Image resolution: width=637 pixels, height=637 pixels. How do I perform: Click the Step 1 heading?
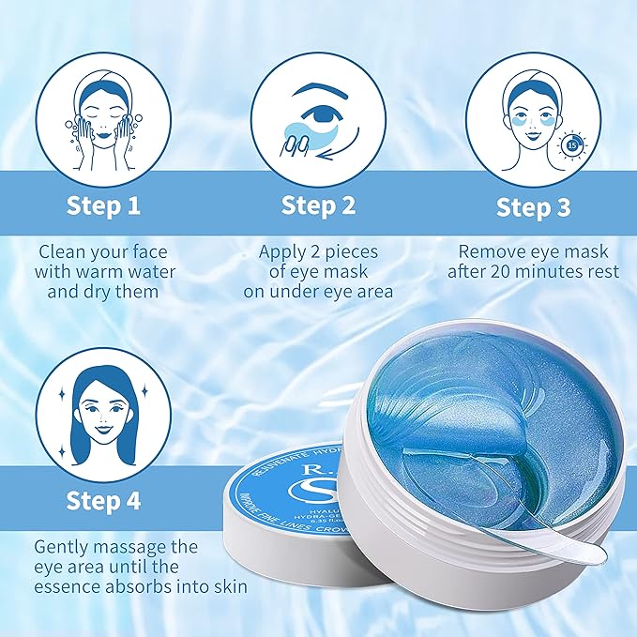click(104, 206)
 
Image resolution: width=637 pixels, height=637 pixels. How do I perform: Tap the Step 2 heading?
click(318, 206)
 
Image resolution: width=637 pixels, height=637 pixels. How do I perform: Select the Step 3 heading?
click(532, 207)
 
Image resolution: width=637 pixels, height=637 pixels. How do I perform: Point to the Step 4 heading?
click(104, 500)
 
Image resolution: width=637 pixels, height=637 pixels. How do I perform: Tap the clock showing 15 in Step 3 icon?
click(571, 144)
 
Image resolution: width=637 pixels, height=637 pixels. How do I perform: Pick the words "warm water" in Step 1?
click(135, 273)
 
